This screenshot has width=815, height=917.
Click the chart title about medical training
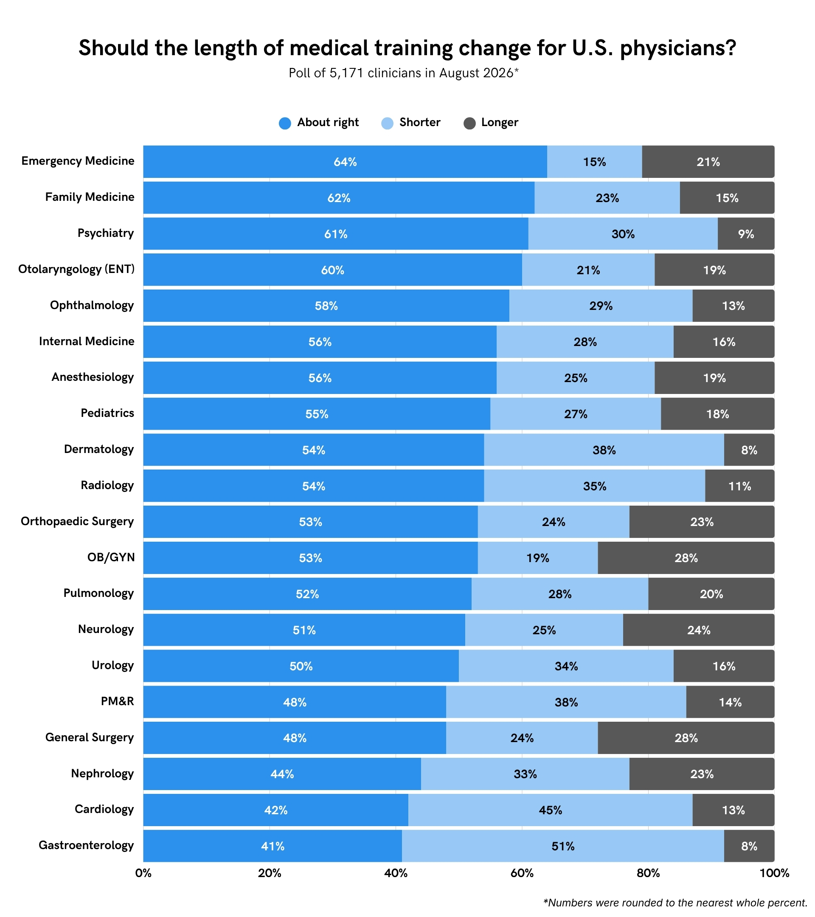pyautogui.click(x=407, y=48)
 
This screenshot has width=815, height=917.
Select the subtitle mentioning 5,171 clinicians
pyautogui.click(x=403, y=73)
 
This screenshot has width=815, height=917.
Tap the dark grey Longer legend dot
pyautogui.click(x=469, y=124)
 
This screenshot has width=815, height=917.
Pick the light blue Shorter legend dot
pyautogui.click(x=387, y=124)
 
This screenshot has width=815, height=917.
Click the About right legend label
pyautogui.click(x=328, y=122)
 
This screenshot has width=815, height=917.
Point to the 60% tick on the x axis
pyautogui.click(x=522, y=873)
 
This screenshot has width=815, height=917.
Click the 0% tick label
pyautogui.click(x=143, y=873)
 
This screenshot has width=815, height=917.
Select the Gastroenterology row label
pyautogui.click(x=86, y=845)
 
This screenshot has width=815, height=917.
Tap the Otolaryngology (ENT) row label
pyautogui.click(x=76, y=269)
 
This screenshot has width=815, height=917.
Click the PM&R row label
pyautogui.click(x=117, y=701)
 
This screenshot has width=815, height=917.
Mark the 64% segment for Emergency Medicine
pyautogui.click(x=345, y=161)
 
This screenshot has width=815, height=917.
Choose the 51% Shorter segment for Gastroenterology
pyautogui.click(x=563, y=846)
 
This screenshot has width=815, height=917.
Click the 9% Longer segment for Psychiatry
pyautogui.click(x=746, y=234)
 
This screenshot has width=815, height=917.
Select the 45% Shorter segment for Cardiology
pyautogui.click(x=551, y=810)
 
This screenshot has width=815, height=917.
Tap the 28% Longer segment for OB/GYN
pyautogui.click(x=686, y=558)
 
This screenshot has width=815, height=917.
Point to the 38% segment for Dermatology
pyautogui.click(x=604, y=450)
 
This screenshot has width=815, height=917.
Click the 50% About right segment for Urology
pyautogui.click(x=301, y=666)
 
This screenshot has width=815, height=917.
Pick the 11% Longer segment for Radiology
pyautogui.click(x=739, y=486)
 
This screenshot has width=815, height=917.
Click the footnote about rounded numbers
pyautogui.click(x=675, y=903)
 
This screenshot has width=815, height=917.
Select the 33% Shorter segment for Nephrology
pyautogui.click(x=525, y=774)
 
